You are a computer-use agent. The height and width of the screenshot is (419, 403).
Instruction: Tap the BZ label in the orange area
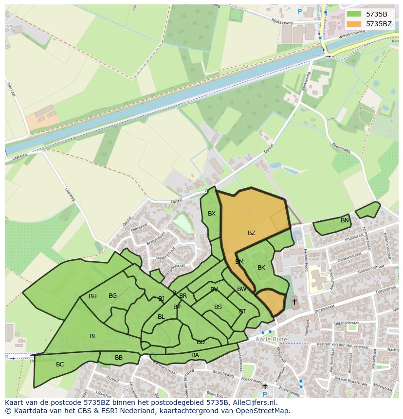(251, 233)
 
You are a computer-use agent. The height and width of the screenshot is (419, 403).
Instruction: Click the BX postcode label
(212, 214)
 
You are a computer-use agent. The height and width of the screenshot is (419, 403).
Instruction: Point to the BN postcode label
(345, 220)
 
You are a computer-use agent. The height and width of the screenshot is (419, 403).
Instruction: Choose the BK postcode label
(261, 268)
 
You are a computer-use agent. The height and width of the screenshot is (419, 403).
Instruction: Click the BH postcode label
(92, 296)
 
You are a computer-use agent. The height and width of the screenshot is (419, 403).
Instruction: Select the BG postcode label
(112, 296)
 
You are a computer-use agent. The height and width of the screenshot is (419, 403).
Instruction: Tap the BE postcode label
(93, 336)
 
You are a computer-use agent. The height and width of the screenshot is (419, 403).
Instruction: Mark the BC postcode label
(60, 364)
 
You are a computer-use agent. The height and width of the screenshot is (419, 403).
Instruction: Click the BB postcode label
(119, 358)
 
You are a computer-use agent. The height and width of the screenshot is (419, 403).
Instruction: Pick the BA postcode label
(195, 355)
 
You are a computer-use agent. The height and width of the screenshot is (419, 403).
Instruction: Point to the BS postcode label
(218, 307)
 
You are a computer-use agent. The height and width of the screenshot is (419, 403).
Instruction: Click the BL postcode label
(161, 317)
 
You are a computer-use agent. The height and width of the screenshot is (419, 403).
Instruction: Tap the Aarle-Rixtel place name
(272, 339)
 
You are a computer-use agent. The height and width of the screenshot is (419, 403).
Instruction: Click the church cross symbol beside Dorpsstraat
(294, 302)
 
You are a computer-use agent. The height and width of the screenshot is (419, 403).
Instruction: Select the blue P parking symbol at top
(299, 11)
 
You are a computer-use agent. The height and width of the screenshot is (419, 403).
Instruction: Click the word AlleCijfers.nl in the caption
(254, 402)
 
